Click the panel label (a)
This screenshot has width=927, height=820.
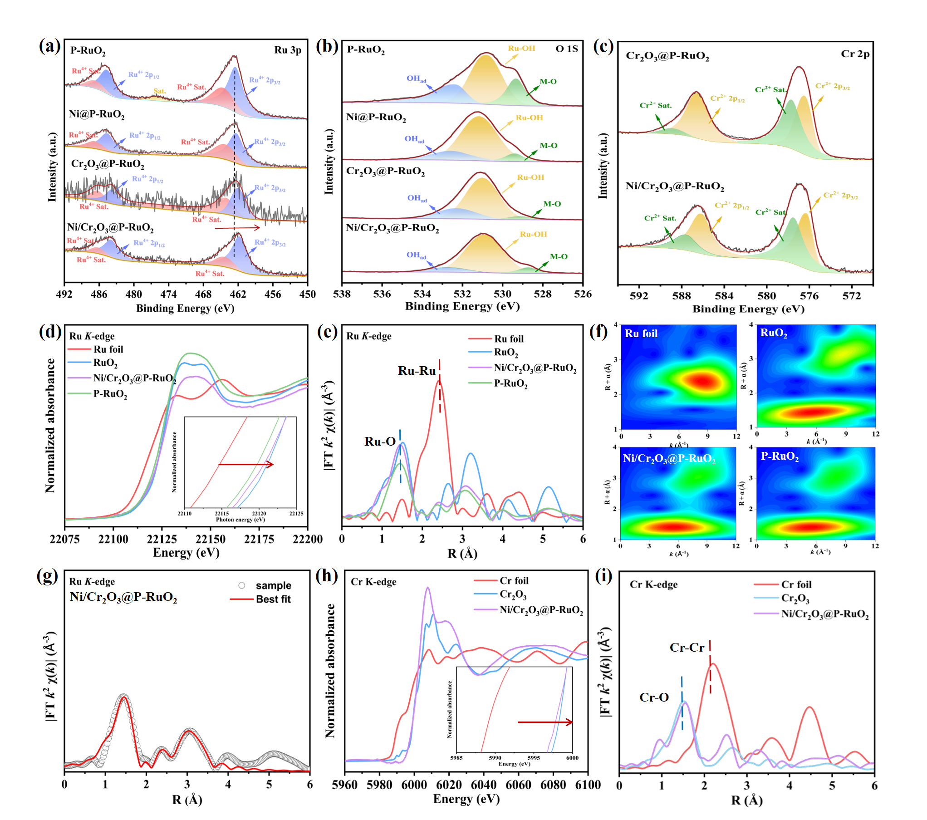49,46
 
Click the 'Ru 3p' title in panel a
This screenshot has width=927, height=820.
287,50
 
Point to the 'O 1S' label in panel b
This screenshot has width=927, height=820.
567,49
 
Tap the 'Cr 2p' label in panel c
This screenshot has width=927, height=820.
855,54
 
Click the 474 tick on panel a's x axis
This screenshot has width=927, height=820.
168,294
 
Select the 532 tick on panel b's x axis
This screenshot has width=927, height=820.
462,294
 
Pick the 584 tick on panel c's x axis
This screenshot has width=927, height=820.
724,296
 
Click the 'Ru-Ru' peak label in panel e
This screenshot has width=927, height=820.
417,371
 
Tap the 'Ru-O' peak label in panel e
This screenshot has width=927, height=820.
380,442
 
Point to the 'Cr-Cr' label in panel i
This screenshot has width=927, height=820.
687,648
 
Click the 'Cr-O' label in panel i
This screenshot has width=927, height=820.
654,697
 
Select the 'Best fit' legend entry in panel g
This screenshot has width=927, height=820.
273,599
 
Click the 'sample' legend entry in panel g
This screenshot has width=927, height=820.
273,585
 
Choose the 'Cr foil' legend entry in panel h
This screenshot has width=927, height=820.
514,580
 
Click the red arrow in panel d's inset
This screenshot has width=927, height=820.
245,464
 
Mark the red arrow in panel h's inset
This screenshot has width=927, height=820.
545,722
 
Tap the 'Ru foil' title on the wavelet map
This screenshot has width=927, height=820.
641,334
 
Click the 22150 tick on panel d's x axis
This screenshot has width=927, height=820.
210,539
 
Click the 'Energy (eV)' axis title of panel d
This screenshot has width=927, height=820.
186,553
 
